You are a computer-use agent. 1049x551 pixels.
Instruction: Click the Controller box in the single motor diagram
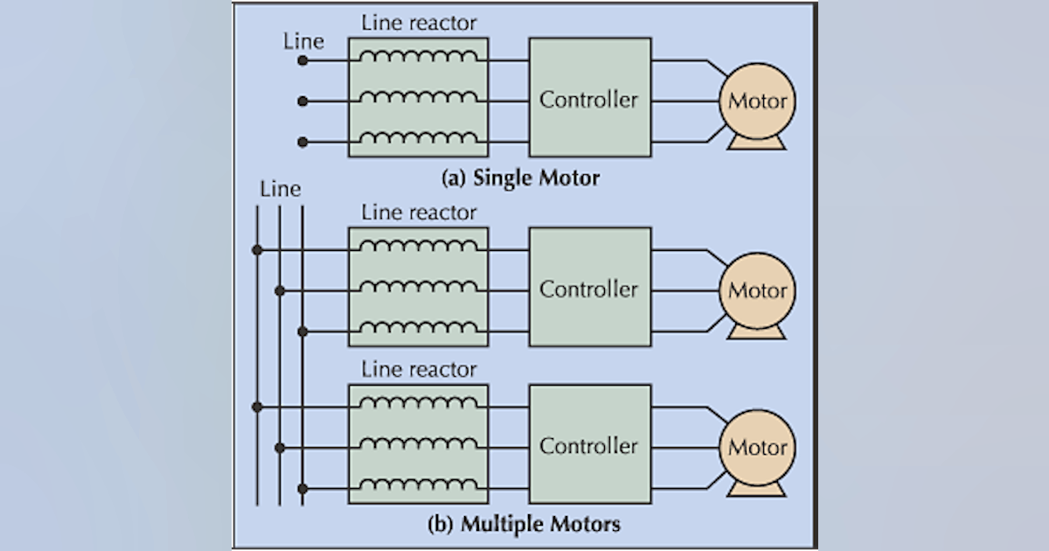[x=588, y=98]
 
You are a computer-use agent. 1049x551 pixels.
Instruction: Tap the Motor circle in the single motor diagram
[x=757, y=101]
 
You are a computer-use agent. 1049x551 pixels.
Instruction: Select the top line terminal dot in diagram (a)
[x=302, y=60]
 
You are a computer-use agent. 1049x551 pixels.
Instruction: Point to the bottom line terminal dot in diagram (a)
[x=302, y=141]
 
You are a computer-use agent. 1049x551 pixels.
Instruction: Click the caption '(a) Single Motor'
[x=521, y=178]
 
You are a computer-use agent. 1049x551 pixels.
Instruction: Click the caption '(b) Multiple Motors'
[x=524, y=525]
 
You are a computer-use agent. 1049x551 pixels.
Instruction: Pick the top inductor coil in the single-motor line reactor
[x=418, y=58]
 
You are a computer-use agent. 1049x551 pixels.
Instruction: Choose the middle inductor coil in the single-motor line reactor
[x=418, y=98]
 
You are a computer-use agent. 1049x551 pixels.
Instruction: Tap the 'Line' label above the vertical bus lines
[x=280, y=189]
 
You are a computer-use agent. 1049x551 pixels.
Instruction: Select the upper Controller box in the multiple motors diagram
[x=588, y=289]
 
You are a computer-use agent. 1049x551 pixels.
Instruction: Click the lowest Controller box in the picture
[x=588, y=445]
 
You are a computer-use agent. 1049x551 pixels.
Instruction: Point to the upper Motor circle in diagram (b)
[x=757, y=290]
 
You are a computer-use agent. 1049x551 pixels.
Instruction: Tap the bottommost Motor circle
[x=757, y=447]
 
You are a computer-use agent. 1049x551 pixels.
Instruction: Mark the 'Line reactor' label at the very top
[x=419, y=22]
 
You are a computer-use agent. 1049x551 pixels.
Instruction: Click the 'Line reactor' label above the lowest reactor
[x=419, y=368]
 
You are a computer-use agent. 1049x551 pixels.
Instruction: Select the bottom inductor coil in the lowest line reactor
[x=418, y=485]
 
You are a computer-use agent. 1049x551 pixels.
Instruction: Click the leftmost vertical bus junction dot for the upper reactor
[x=257, y=250]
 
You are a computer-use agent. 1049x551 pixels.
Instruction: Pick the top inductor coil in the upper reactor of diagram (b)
[x=418, y=248]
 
